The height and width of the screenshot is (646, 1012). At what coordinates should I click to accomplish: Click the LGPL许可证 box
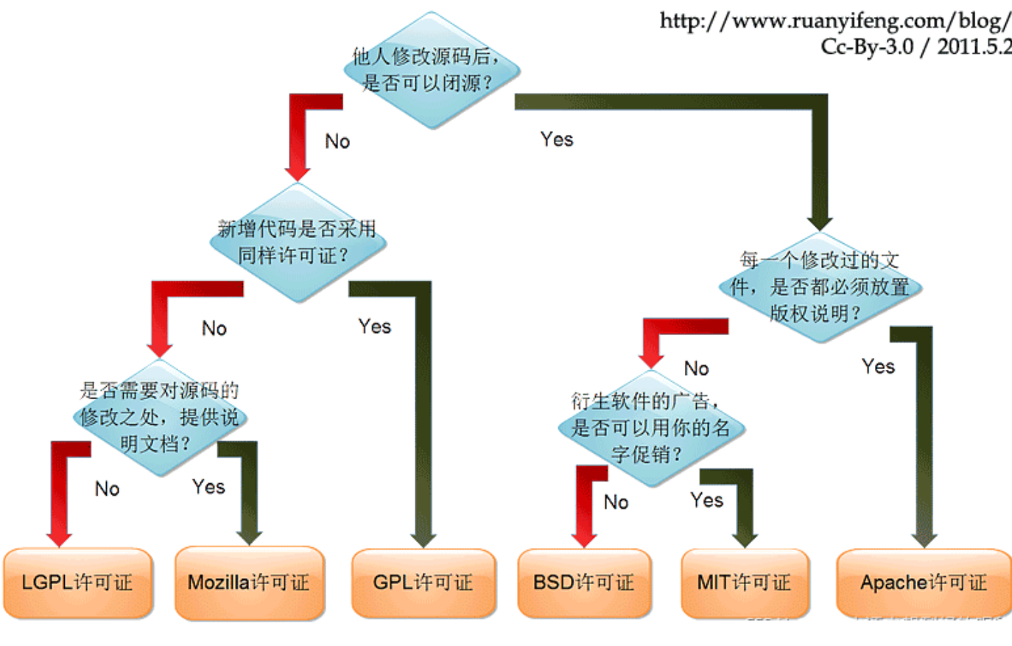(x=77, y=583)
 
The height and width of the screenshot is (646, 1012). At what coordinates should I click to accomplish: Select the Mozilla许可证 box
(x=249, y=583)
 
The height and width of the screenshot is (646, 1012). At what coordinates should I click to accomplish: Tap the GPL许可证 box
(x=423, y=583)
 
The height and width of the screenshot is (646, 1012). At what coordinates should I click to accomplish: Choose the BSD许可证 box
(x=583, y=583)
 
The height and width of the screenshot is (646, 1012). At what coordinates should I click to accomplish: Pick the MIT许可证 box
(x=744, y=583)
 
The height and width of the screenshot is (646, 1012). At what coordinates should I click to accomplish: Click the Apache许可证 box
(x=924, y=583)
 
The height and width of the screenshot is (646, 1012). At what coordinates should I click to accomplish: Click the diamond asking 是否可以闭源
(x=431, y=70)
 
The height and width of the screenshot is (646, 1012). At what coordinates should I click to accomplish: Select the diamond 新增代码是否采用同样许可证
(x=298, y=242)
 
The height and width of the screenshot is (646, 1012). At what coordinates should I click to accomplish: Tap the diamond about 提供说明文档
(x=159, y=418)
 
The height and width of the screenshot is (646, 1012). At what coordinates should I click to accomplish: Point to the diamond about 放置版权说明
(x=819, y=287)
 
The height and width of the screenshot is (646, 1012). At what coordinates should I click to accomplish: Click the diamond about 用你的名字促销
(x=650, y=428)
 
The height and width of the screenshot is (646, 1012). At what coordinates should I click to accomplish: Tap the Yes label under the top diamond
(x=556, y=139)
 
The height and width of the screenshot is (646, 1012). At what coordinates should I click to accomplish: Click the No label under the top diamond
(x=337, y=141)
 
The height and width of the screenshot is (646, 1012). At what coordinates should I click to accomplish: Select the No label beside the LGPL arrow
(x=107, y=489)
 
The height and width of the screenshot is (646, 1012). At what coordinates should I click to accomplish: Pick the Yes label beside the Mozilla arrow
(x=208, y=487)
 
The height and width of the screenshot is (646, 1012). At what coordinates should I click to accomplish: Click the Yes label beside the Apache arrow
(x=878, y=367)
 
